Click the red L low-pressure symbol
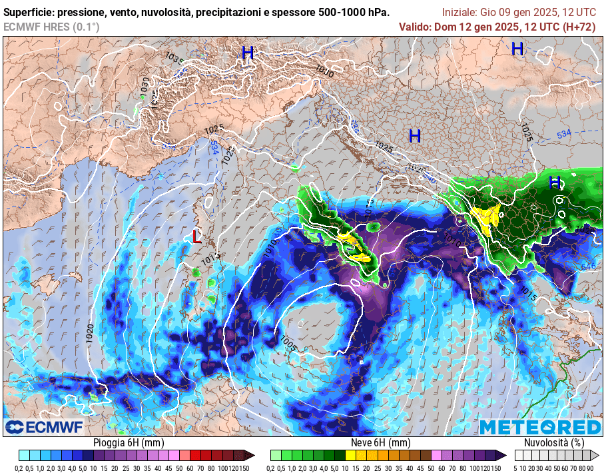[196, 236]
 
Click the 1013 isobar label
[210, 256]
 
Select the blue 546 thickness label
[589, 266]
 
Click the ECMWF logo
[44, 426]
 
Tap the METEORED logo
[540, 427]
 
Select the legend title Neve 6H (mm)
[380, 442]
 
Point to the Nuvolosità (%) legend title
[555, 442]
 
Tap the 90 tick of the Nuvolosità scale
[590, 468]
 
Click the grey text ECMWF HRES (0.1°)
[51, 27]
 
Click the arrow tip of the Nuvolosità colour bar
[596, 456]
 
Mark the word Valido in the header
[414, 27]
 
